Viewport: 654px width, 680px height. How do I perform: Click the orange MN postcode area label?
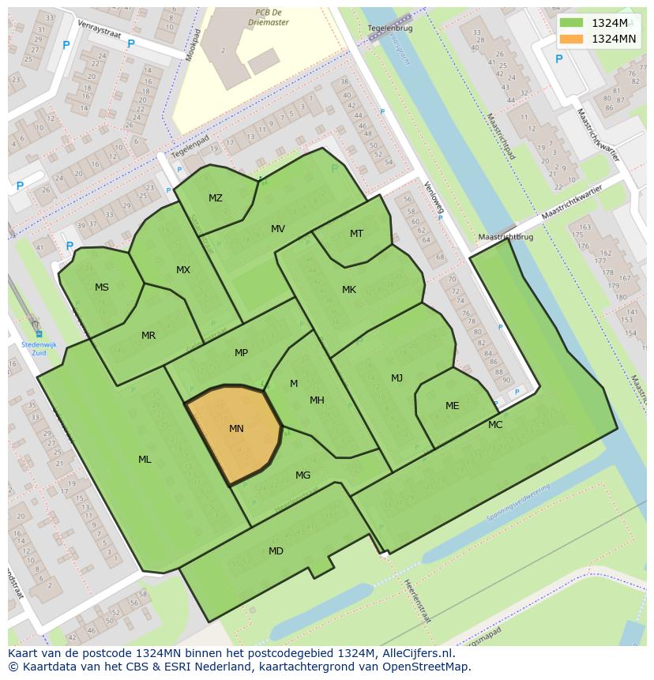pos(236,429)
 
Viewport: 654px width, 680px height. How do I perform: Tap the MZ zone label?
pos(216,198)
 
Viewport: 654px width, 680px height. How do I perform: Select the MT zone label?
pos(356,234)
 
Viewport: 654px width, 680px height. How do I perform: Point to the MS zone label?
pos(102,287)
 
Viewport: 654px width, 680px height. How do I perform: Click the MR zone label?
pos(148,336)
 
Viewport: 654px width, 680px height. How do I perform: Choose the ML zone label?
pos(145,460)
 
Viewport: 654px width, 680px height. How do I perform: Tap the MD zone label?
pos(276,551)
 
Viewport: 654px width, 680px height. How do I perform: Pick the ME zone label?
pos(452,406)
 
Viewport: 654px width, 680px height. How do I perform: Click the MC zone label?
pos(495,425)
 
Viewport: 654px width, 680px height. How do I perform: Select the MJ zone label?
pos(397,378)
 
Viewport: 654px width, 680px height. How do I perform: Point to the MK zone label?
pos(349,290)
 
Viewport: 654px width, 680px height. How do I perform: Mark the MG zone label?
pos(303,475)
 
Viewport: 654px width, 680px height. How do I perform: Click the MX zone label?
pos(183,270)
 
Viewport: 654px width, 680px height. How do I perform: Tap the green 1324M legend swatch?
pos(571,23)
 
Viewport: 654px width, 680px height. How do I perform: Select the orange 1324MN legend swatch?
pos(571,39)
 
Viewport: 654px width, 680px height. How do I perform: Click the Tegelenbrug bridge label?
pos(387,28)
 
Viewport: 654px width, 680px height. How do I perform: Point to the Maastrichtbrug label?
pos(506,237)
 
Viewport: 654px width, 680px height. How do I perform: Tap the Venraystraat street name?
pos(96,33)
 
